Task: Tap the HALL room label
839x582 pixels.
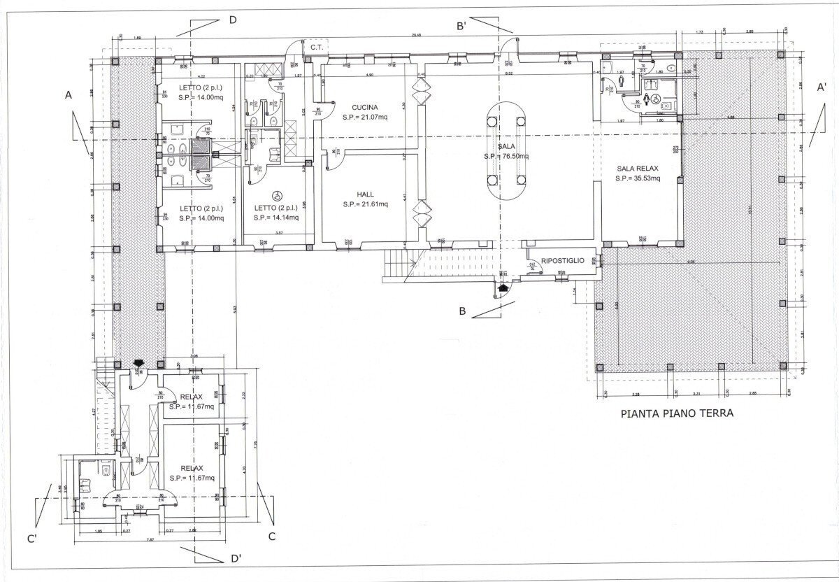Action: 364,194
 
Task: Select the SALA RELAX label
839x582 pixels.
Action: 638,169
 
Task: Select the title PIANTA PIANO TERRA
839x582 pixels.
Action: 677,413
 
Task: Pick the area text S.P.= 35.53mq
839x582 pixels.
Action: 638,179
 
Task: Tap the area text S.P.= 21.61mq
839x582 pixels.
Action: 365,204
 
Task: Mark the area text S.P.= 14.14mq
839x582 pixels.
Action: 277,218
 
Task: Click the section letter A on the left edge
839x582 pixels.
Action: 68,94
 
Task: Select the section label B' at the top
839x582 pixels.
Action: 461,27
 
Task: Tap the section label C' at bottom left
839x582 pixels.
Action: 32,539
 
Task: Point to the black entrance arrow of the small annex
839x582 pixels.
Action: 138,362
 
